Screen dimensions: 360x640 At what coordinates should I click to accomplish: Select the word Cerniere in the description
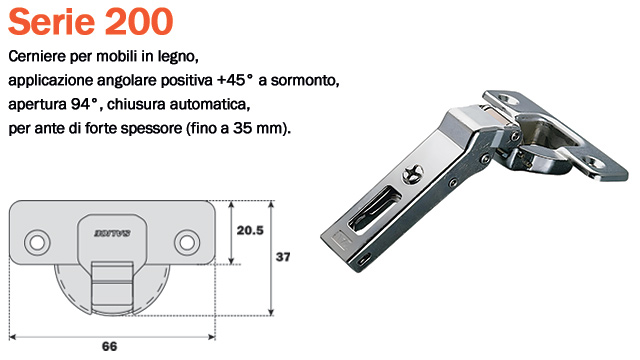point(38,54)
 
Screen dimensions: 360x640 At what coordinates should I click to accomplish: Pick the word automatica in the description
point(209,104)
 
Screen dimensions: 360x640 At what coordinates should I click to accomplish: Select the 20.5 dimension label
point(249,229)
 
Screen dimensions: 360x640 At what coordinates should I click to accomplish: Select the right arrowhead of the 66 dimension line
point(209,331)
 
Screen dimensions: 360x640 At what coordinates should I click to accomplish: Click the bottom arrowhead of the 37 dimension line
point(272,309)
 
